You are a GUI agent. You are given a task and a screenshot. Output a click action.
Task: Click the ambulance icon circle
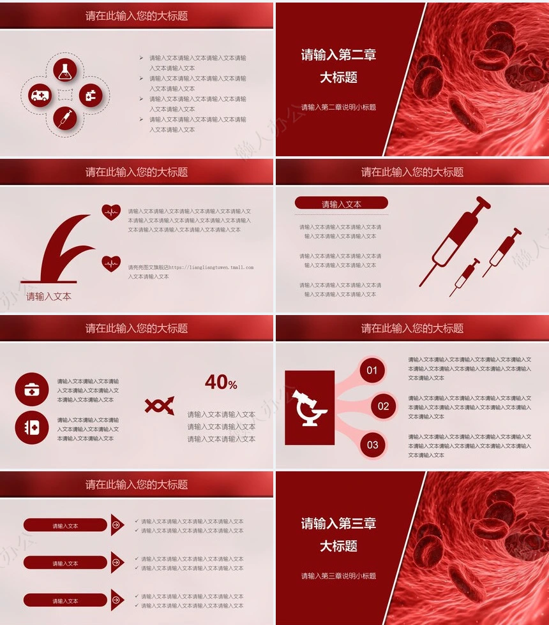[x=40, y=95]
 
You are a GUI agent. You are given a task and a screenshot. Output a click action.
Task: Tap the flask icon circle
[x=64, y=71]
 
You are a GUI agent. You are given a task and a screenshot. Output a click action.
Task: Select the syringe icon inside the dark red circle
[x=64, y=118]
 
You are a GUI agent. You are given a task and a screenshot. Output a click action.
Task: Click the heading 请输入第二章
[x=338, y=55]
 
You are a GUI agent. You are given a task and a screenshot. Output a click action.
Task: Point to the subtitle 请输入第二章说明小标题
[x=338, y=107]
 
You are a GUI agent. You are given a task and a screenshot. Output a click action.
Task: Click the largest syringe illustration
[x=454, y=239]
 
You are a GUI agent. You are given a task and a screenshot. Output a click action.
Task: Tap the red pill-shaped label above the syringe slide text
[x=342, y=203]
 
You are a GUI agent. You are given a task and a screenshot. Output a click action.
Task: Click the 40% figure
[x=221, y=383]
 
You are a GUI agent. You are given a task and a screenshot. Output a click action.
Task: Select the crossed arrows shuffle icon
[x=159, y=405]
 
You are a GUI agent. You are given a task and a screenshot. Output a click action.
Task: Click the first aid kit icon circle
[x=32, y=389]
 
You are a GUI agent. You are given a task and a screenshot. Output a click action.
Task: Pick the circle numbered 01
[x=372, y=370]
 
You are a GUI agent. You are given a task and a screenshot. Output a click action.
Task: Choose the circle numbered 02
[x=383, y=406]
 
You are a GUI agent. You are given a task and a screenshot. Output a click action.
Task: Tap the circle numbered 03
[x=372, y=445]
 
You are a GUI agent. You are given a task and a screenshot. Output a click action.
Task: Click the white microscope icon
[x=310, y=408]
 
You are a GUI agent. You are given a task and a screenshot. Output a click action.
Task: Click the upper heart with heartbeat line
[x=111, y=212]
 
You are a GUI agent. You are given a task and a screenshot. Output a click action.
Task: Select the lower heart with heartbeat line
[x=111, y=263]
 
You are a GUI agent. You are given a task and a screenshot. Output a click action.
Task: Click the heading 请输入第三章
[x=338, y=524]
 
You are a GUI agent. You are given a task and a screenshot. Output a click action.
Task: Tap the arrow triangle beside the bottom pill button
[x=117, y=600]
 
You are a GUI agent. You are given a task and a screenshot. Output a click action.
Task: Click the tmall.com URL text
[x=211, y=268]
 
